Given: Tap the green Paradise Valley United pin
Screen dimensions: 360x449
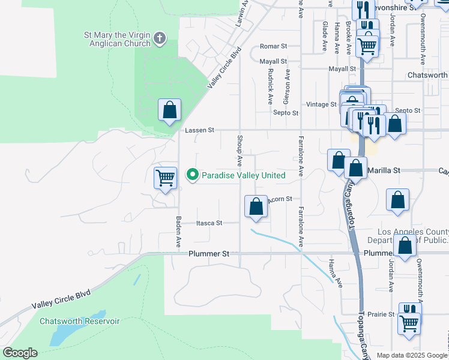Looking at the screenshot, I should tap(193, 175).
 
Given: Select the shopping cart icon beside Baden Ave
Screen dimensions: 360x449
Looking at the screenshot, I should tap(165, 178).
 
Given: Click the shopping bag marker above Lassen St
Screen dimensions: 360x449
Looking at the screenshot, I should tap(170, 110).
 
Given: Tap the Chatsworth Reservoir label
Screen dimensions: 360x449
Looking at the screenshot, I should tap(80, 321).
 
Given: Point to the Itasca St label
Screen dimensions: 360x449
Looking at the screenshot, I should tap(209, 223).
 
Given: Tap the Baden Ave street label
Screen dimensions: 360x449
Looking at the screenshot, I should tap(178, 232).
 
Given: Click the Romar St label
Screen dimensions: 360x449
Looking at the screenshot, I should tap(274, 46).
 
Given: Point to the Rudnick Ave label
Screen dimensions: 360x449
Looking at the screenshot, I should tap(271, 88).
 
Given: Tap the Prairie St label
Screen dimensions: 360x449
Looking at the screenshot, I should tap(382, 314).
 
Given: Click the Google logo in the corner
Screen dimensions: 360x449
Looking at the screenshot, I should tap(20, 353).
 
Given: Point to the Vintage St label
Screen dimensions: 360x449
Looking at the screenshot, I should tap(321, 104).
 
